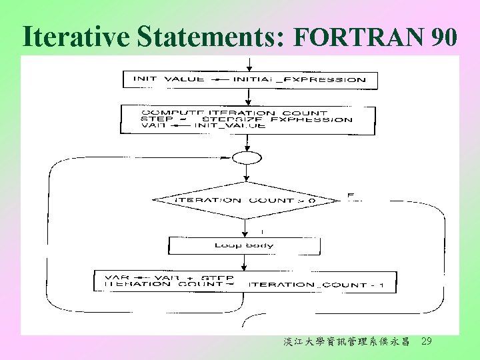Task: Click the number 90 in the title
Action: point(443,39)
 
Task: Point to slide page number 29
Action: point(427,341)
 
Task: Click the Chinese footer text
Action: point(346,342)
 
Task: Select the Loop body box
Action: point(244,245)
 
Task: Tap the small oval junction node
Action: point(247,157)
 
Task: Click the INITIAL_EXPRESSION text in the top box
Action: point(299,79)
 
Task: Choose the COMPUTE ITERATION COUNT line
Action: point(234,113)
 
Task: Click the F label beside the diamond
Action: point(349,195)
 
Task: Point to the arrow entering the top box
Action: point(249,65)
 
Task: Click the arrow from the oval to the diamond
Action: point(247,172)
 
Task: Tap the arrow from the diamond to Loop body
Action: point(246,227)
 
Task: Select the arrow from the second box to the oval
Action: point(247,143)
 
